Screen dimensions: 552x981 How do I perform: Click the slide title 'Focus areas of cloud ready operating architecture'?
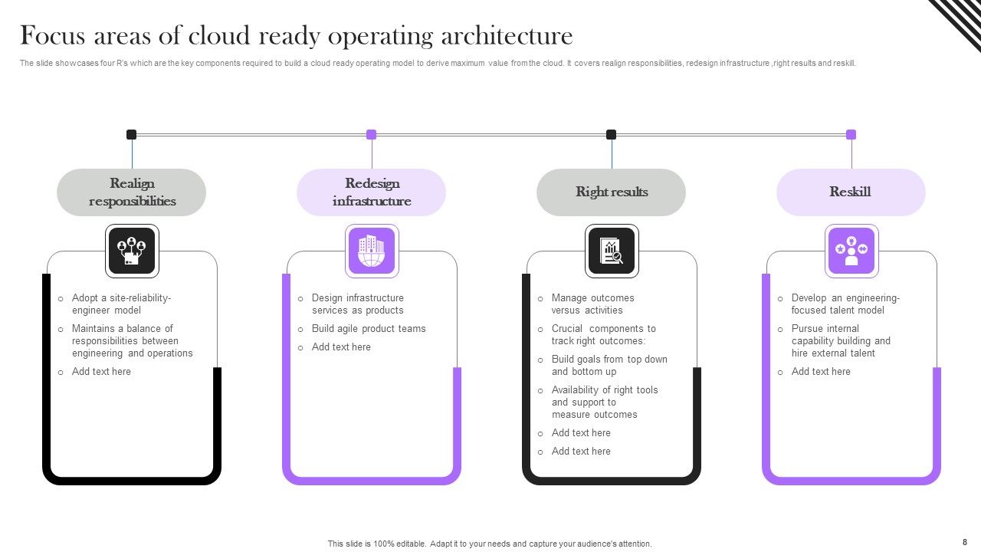coord(296,36)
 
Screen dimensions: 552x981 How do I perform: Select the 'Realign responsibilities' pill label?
coord(132,192)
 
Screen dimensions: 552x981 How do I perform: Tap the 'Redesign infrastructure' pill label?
coord(372,192)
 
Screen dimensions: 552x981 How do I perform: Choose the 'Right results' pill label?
coord(612,192)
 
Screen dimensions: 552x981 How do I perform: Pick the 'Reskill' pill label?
coord(851,192)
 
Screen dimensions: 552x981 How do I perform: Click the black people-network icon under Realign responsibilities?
coord(132,251)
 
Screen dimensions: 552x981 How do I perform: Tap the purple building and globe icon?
coord(372,251)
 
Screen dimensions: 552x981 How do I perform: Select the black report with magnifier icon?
coord(612,251)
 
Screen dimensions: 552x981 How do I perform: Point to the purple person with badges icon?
coord(851,251)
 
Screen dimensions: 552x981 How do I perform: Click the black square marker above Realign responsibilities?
coord(131,135)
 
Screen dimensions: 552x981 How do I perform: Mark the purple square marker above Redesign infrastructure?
coord(371,135)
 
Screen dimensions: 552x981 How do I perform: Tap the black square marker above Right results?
coord(611,135)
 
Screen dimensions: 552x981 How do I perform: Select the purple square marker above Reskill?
coord(851,135)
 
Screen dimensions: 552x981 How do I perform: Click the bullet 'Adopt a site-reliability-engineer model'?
coord(121,304)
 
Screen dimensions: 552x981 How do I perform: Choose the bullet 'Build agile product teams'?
coord(368,329)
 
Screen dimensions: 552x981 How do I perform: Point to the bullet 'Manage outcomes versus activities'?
coord(592,304)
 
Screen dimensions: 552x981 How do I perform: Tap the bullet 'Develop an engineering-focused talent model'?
coord(845,304)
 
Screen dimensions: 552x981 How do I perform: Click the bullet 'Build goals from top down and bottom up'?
coord(609,366)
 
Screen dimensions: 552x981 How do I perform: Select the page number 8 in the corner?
coord(965,541)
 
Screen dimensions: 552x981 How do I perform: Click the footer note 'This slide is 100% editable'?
coord(490,544)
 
